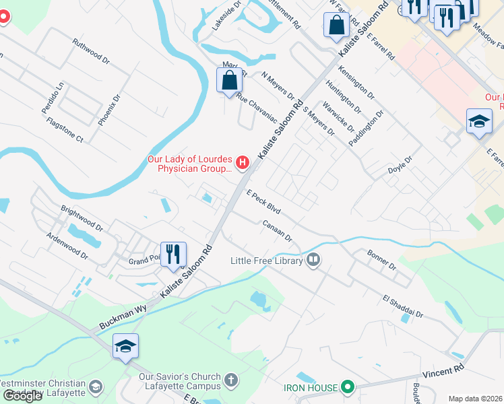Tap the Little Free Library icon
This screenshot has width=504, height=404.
click(x=313, y=260)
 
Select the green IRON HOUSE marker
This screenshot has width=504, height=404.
click(x=348, y=387)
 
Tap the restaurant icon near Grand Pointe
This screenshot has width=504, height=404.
click(x=172, y=255)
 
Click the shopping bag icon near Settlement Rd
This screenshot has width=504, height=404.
click(x=336, y=26)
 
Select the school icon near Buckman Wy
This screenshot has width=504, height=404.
click(x=125, y=346)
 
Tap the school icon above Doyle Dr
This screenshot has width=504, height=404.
click(x=478, y=122)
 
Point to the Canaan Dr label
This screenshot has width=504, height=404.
click(x=277, y=231)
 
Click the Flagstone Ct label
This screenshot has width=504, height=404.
click(x=65, y=130)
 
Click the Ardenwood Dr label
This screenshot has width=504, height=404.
click(x=67, y=246)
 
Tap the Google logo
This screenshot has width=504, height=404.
click(x=22, y=396)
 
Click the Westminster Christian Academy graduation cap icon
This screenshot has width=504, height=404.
click(x=96, y=386)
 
